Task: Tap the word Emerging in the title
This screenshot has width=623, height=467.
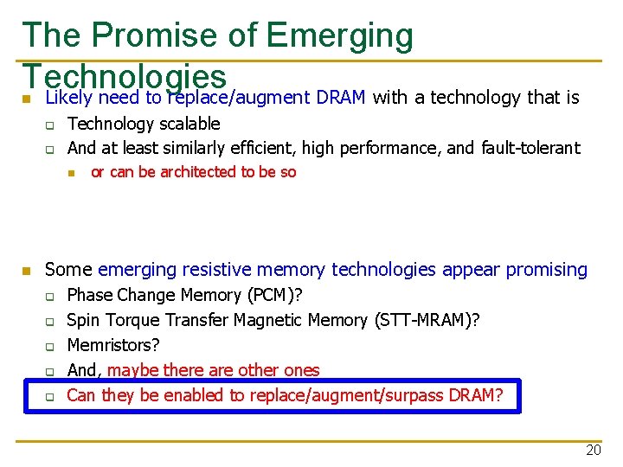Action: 341,36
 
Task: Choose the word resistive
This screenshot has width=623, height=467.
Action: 228,270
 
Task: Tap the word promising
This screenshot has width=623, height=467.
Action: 547,270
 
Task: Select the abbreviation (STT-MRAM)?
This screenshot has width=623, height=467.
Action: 428,320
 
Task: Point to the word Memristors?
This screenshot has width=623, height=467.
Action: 113,345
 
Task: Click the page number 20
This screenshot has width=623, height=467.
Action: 593,450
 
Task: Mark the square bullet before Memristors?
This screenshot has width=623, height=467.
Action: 50,346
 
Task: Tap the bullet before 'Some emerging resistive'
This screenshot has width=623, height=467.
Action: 27,272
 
